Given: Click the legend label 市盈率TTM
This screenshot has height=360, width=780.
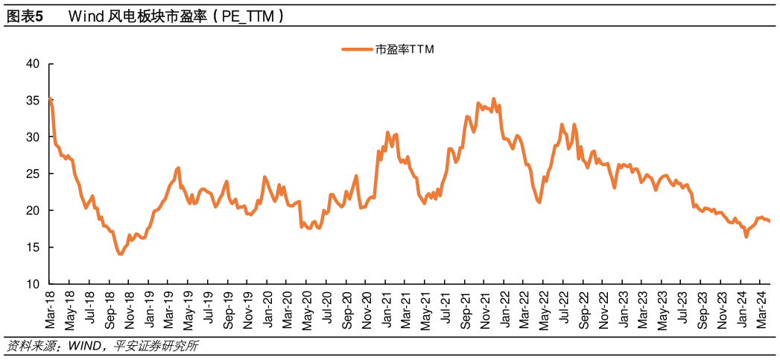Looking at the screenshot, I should (x=404, y=50).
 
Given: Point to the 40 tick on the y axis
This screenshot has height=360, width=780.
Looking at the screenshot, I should (x=32, y=64).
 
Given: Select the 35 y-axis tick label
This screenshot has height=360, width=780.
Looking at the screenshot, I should (x=32, y=101).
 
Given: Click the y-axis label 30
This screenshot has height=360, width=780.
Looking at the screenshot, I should (x=32, y=137).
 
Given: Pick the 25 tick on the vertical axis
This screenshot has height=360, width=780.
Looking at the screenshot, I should (x=32, y=174).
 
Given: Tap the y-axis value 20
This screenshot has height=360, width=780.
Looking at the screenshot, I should (x=32, y=211).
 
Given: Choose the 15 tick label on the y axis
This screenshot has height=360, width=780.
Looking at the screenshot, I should (x=32, y=247).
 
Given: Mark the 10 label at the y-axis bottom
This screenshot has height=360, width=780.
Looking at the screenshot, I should (x=32, y=284).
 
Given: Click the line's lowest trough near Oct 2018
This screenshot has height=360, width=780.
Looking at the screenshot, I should (x=120, y=254).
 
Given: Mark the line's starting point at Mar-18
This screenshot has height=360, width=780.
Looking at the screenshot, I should (x=50, y=99).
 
